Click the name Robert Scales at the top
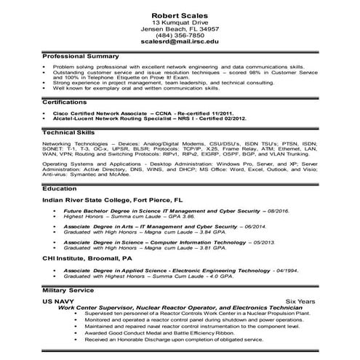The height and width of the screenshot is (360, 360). coord(180,15)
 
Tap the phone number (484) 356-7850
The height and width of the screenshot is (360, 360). coord(180,35)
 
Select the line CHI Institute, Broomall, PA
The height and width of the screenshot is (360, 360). coord(88,257)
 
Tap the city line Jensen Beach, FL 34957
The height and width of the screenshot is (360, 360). coord(180,28)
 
